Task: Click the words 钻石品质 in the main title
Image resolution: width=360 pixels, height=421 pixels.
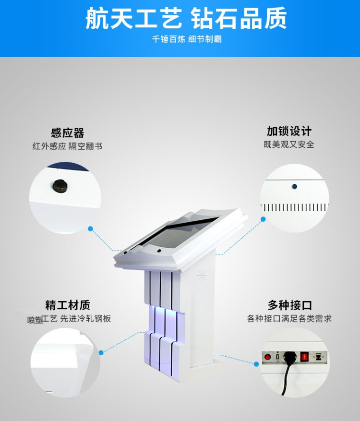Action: click(x=239, y=19)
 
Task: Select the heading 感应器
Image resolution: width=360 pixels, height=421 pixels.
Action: click(x=67, y=133)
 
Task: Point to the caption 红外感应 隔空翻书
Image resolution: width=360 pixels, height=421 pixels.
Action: click(x=67, y=146)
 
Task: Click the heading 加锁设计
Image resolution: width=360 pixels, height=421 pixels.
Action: click(x=289, y=131)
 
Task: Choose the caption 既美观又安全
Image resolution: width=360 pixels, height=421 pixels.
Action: click(x=289, y=144)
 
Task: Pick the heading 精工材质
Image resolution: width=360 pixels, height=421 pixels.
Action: click(x=67, y=305)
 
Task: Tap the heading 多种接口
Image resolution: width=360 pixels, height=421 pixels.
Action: click(x=290, y=305)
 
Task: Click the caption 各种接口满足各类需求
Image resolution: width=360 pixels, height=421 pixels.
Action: click(x=289, y=319)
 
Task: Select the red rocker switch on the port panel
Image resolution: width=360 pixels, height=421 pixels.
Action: click(x=303, y=357)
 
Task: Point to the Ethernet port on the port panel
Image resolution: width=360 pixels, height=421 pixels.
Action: click(x=318, y=357)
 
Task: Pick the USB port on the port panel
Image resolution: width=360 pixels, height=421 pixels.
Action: click(x=277, y=357)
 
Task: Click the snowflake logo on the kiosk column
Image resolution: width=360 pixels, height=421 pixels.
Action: click(x=202, y=275)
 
